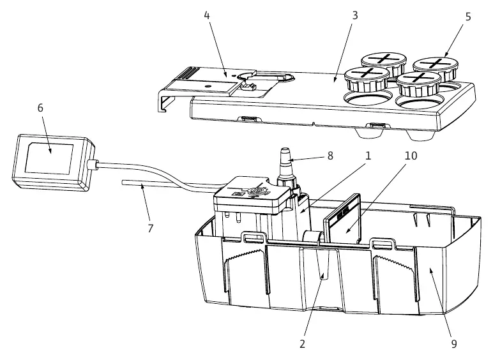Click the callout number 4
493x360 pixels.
[x=206, y=15]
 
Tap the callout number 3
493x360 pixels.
[x=355, y=15]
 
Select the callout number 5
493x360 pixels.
[x=468, y=17]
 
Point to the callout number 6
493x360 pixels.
[x=40, y=108]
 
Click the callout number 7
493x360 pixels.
[x=150, y=229]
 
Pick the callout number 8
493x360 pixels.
[x=330, y=156]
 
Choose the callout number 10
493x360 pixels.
[x=411, y=156]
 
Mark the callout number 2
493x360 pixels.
[x=302, y=344]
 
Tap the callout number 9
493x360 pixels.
[x=454, y=344]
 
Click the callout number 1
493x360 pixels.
[x=368, y=156]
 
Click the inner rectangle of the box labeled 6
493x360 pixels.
[x=49, y=159]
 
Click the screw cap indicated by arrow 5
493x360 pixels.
[x=436, y=68]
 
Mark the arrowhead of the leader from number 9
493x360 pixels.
[x=430, y=269]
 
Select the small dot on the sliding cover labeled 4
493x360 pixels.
[x=207, y=86]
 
